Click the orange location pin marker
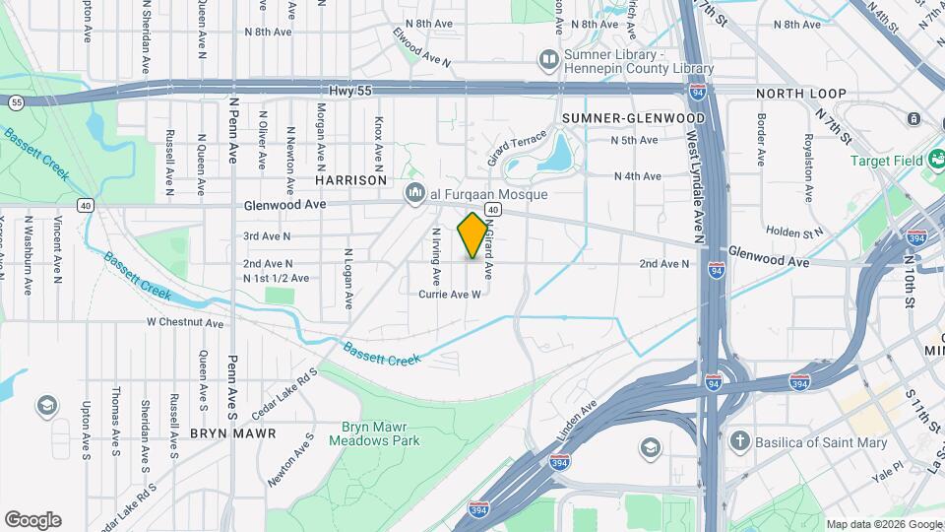click(x=472, y=235)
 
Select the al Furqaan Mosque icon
click(x=414, y=193)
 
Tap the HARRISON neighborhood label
click(x=350, y=180)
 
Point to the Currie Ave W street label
click(x=450, y=294)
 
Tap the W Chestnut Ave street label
click(x=185, y=322)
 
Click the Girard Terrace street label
click(x=517, y=148)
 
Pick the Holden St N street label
click(x=794, y=233)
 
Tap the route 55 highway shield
click(x=16, y=101)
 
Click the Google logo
click(x=32, y=520)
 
